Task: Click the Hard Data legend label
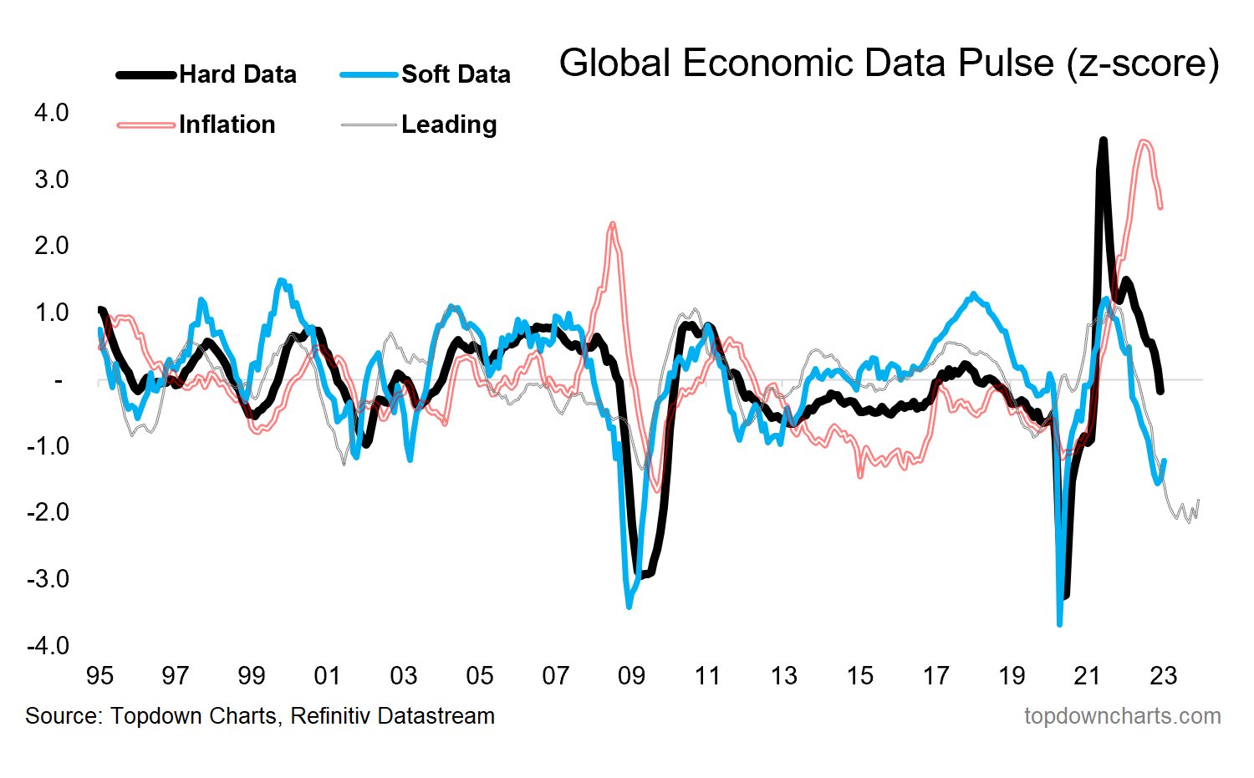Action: coord(237,74)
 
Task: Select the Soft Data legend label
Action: coord(456,74)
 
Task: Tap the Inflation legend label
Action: coord(227,125)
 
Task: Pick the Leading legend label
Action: coord(449,125)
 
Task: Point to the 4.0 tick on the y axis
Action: coord(52,112)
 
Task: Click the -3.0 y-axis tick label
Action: coord(48,578)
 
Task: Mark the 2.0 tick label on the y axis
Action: coord(52,246)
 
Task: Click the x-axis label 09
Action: coord(631,675)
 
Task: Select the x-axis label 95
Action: coord(99,675)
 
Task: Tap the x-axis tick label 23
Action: coord(1163,675)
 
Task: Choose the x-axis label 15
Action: coord(859,675)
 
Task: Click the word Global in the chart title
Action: coord(615,64)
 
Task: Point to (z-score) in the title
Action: coord(1143,64)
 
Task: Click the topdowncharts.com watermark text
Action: coord(1122,716)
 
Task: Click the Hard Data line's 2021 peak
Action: coord(1104,140)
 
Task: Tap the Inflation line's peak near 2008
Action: coord(613,223)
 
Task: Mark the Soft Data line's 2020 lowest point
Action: coord(1059,623)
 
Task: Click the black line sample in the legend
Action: coord(146,74)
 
